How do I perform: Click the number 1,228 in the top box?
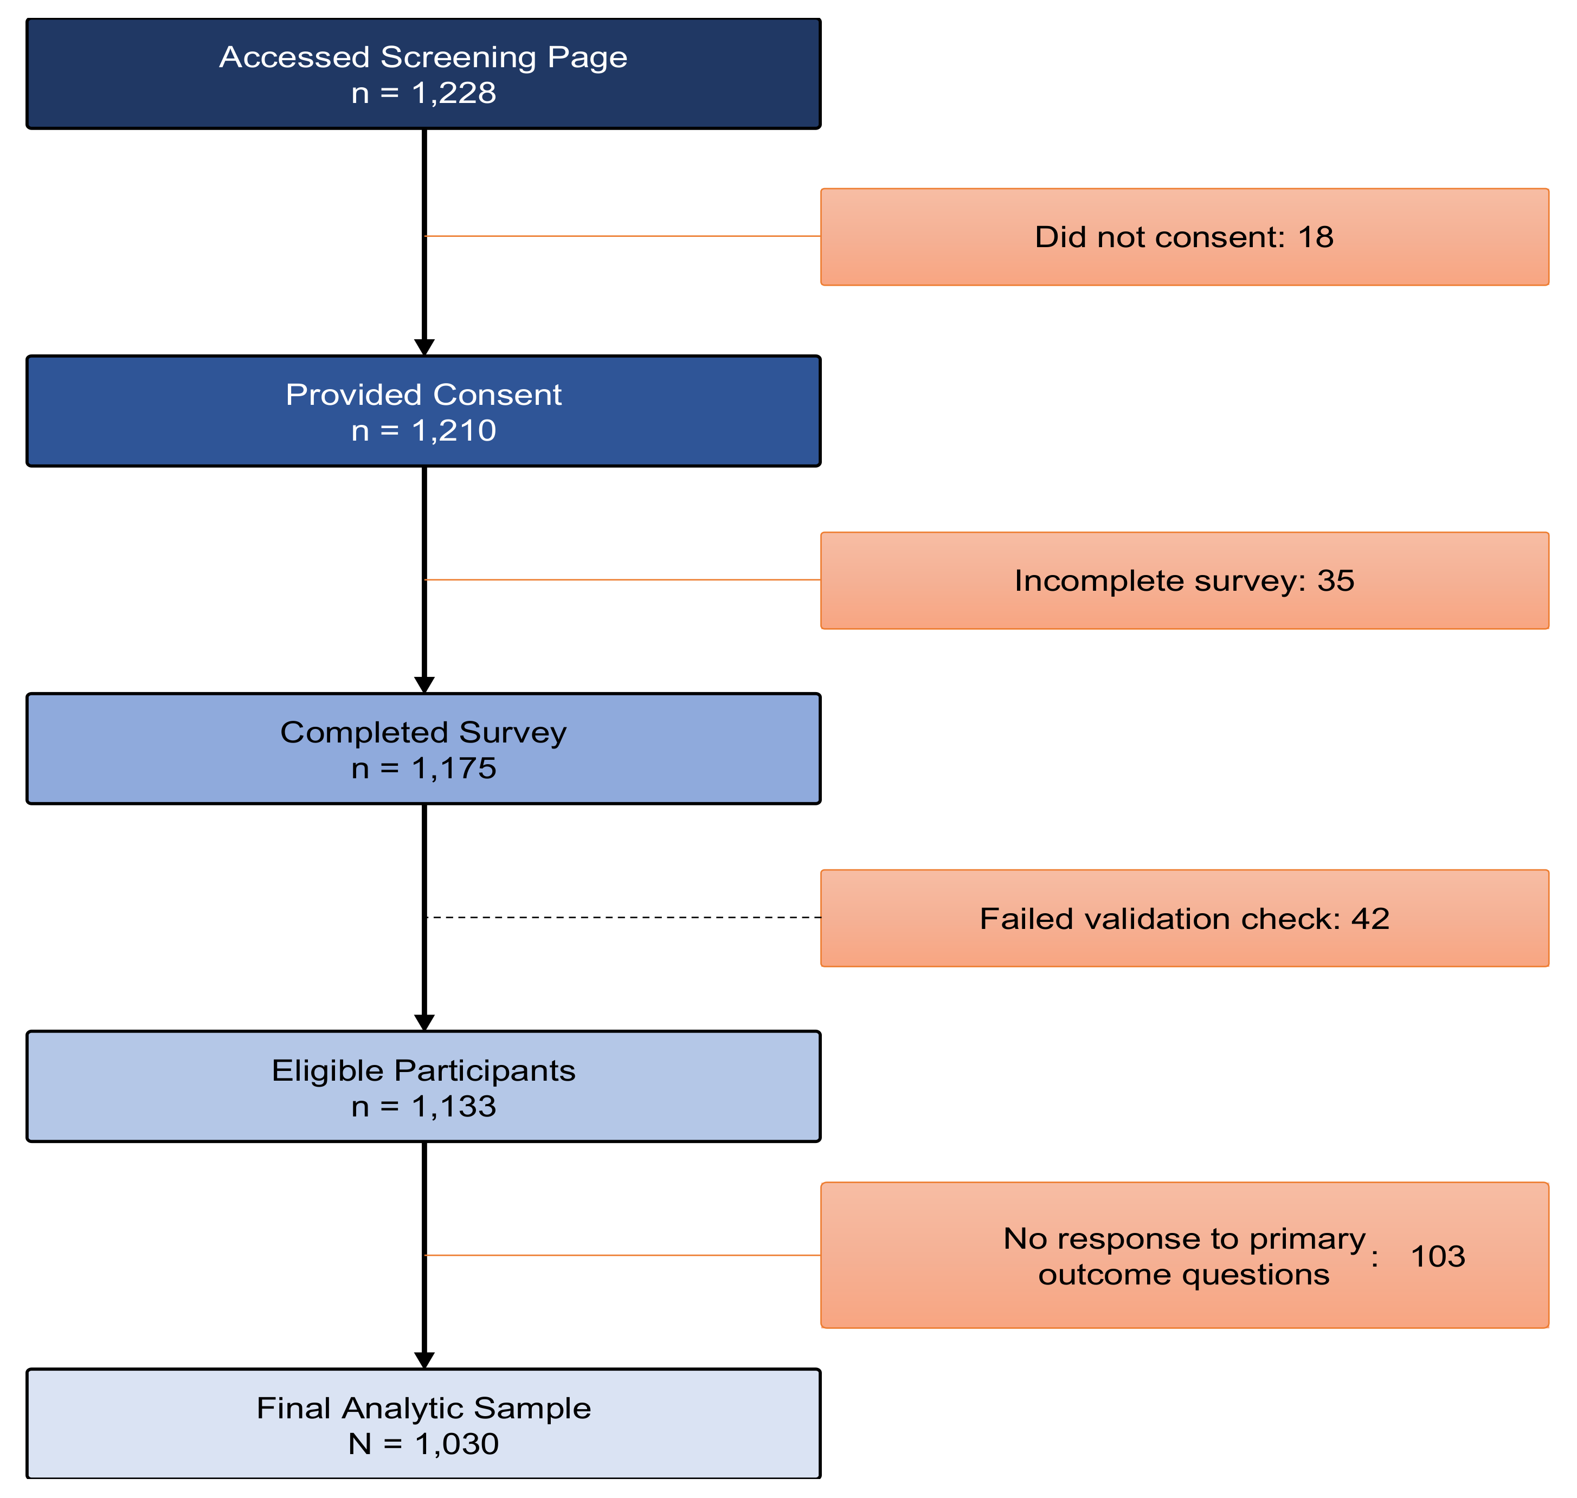(x=454, y=93)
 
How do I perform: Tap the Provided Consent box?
(x=423, y=411)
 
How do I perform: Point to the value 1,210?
(x=454, y=431)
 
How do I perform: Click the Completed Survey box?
(x=423, y=749)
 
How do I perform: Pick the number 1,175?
(x=454, y=769)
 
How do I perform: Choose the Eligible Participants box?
(x=423, y=1087)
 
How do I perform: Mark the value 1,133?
(x=454, y=1107)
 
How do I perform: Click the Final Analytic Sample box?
(x=423, y=1424)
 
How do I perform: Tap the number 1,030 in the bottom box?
(x=457, y=1444)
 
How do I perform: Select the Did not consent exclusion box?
(x=1185, y=237)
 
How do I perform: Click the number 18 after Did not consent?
(x=1316, y=237)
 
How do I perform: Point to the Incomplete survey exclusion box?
(x=1185, y=580)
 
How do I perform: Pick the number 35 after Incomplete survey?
(x=1336, y=580)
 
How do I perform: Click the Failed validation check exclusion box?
(x=1185, y=918)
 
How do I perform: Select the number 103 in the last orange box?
(x=1438, y=1257)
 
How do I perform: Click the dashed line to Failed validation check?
(x=623, y=918)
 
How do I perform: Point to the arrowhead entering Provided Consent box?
(x=424, y=347)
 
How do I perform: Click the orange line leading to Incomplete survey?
(x=623, y=580)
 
